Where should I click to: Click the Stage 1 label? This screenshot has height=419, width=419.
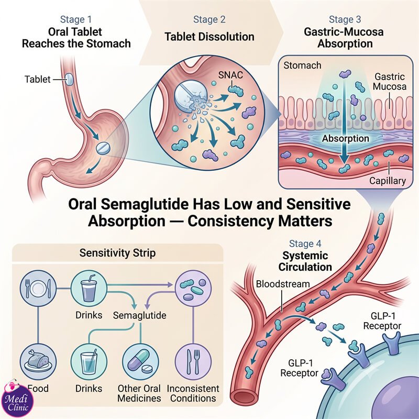[x=76, y=19]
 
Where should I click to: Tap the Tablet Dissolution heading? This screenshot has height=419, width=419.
[x=209, y=37]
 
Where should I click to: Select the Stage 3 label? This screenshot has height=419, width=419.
[x=345, y=19]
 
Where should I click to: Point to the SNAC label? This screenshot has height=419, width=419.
[x=230, y=75]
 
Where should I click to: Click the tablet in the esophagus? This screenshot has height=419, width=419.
[x=69, y=79]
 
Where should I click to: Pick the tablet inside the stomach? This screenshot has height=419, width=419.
[x=103, y=148]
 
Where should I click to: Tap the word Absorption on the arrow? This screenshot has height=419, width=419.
[x=345, y=138]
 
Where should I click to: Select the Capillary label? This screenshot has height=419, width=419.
[x=388, y=181]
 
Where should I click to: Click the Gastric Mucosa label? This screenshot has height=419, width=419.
[x=390, y=82]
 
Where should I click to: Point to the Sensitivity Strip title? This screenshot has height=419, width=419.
[x=117, y=253]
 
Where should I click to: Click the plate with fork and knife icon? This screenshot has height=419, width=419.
[x=38, y=289]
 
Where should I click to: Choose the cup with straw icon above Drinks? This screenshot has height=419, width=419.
[x=89, y=289]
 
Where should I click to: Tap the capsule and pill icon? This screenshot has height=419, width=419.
[x=140, y=362]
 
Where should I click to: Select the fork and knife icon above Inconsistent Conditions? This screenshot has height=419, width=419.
[x=193, y=362]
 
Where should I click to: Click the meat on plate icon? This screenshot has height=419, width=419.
[x=38, y=362]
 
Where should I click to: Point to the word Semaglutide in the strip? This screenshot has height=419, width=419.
[x=139, y=315]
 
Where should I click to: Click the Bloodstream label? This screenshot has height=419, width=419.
[x=283, y=284]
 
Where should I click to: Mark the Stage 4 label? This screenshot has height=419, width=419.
[x=305, y=244]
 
